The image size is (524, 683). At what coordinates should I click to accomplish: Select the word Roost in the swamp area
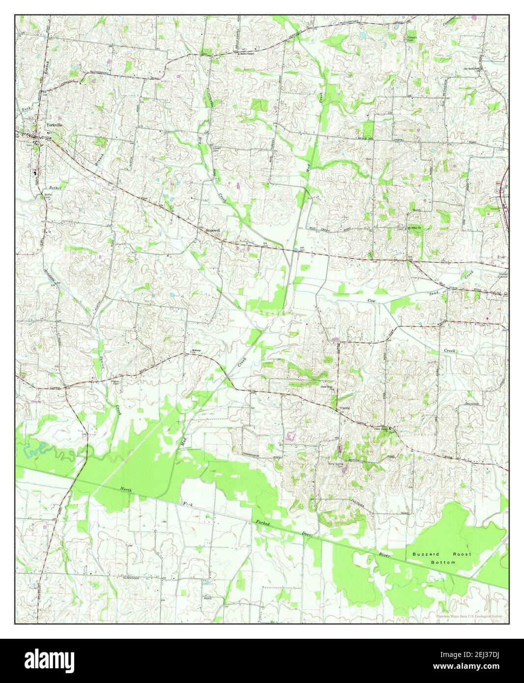(462, 554)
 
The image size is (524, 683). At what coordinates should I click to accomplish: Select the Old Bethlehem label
(472, 69)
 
